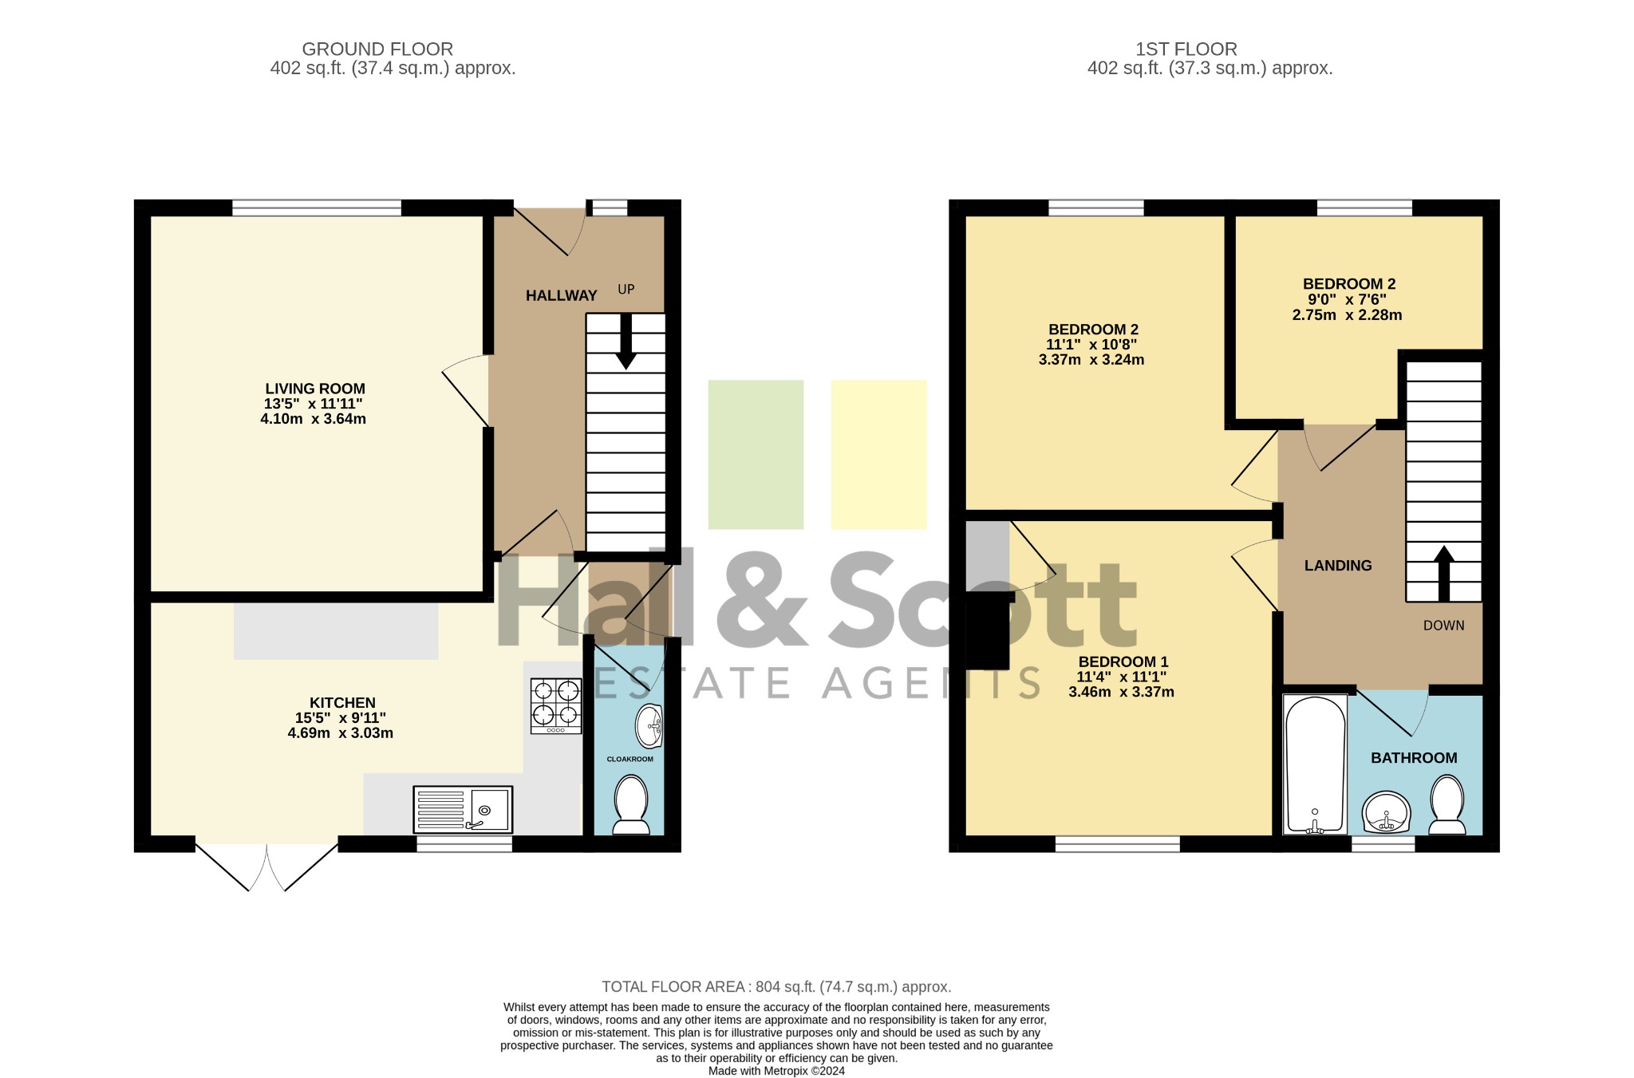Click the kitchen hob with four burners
point(556,705)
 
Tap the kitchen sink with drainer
point(463,809)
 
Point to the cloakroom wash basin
point(649,726)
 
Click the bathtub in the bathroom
point(1315,764)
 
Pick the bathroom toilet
point(1447,806)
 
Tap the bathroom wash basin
point(1387,812)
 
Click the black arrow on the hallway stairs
point(626,341)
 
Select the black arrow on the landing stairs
point(1444,573)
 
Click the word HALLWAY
point(562,296)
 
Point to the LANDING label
point(1338,566)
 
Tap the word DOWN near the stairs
point(1444,626)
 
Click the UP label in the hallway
point(626,289)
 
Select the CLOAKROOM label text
point(630,759)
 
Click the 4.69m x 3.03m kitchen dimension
point(341,733)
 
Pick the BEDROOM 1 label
point(1123,661)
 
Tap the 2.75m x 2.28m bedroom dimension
point(1348,315)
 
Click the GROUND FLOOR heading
point(377,49)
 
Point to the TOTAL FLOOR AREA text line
point(776,987)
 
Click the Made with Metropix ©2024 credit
point(776,1071)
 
